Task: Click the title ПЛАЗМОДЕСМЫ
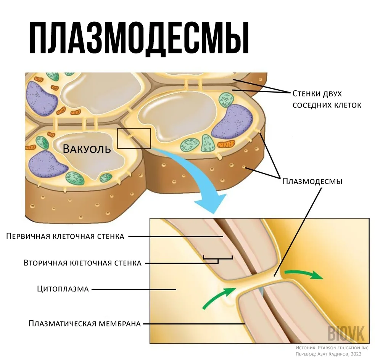[139, 38]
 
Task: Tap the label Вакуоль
[87, 149]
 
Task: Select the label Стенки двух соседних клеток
[327, 99]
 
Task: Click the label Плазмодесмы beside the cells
[312, 181]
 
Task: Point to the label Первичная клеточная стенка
[65, 236]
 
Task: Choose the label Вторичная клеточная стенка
[82, 263]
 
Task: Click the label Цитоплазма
[63, 289]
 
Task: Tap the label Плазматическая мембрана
[85, 324]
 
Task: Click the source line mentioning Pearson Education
[333, 348]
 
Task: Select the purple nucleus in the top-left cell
[41, 98]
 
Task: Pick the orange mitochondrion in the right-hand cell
[226, 144]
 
